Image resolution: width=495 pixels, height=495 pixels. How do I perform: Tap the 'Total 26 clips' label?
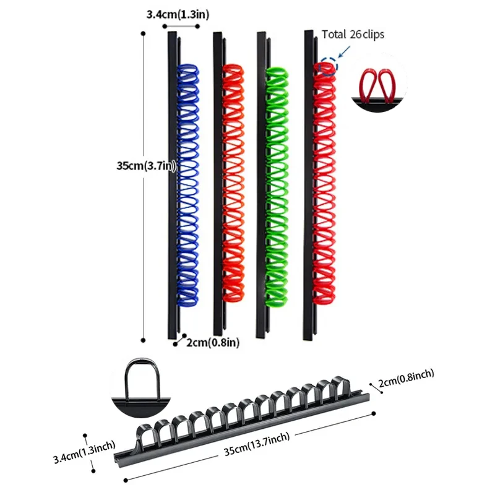click(353, 34)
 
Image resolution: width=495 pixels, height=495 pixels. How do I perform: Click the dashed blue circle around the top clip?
click(327, 66)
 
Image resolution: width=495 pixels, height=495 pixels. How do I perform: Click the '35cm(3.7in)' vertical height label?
click(144, 165)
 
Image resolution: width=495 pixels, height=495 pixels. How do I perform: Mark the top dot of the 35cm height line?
click(144, 33)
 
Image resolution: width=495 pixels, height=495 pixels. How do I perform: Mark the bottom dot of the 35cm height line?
click(144, 339)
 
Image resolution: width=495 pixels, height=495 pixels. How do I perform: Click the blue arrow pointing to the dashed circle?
click(341, 53)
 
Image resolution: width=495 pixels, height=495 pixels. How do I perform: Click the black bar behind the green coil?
click(261, 186)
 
